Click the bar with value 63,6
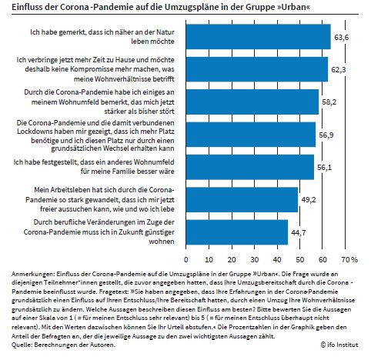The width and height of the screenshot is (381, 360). tap(259, 37)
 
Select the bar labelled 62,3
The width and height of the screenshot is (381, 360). tap(257, 69)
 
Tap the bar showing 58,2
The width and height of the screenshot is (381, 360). tap(252, 102)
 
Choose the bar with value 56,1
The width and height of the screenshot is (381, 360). tap(250, 167)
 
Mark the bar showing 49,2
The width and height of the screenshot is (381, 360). tap(242, 200)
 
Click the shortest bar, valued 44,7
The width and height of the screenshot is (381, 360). tap(237, 232)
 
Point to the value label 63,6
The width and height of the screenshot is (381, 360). tap(342, 38)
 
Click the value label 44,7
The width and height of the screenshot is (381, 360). tap(299, 233)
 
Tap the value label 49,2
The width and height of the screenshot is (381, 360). tap(309, 200)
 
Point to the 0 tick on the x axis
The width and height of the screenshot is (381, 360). tap(186, 260)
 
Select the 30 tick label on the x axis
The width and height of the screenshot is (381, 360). tap(254, 260)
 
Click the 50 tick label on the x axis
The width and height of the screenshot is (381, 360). tap(300, 260)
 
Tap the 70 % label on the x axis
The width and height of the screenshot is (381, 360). tap(349, 260)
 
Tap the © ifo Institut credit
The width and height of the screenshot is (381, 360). tap(339, 345)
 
